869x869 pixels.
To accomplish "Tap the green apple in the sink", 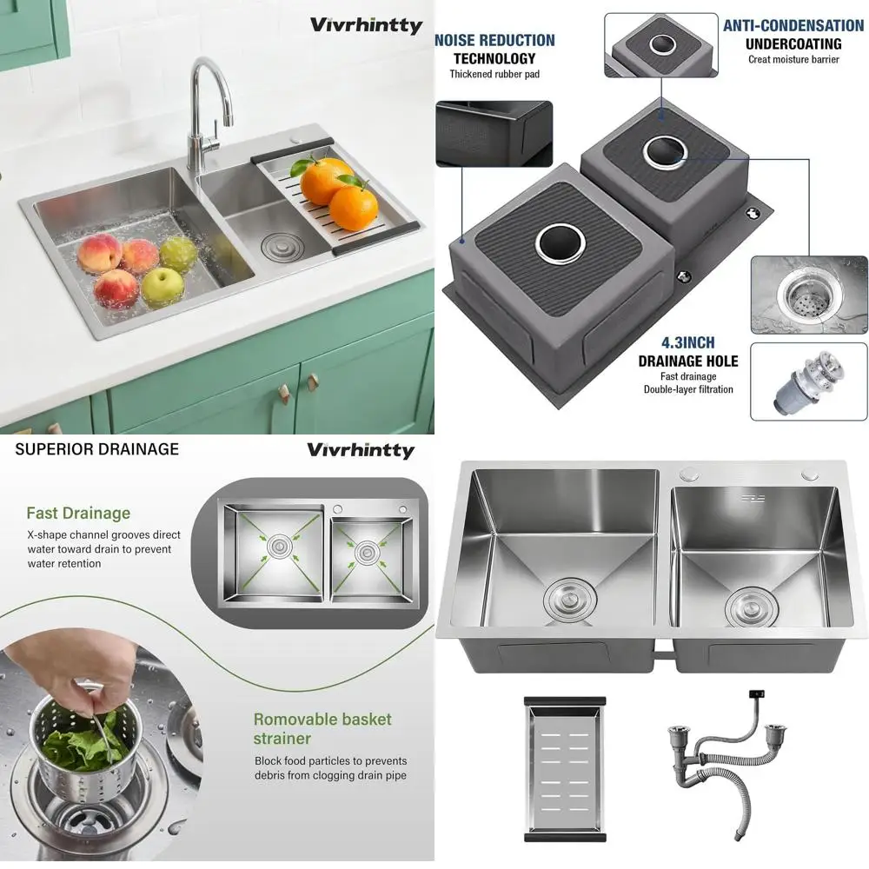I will pos(163,286).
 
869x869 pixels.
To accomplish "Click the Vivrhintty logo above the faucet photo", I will pos(366,24).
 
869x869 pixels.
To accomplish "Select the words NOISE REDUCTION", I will pos(494,40).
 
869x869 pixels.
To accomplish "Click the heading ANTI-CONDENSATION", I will pos(793,26).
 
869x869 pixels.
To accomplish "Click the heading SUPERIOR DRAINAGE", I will pos(97,449).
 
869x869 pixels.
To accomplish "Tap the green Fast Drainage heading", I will pos(78,513).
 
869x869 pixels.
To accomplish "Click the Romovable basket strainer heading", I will pos(322,728).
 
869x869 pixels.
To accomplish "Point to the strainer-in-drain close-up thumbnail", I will pos(808,295).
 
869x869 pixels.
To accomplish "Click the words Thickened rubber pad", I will pos(494,74).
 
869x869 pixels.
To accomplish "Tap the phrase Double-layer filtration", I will pos(688,389).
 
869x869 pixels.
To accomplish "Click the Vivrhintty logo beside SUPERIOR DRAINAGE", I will pos(361,450).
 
